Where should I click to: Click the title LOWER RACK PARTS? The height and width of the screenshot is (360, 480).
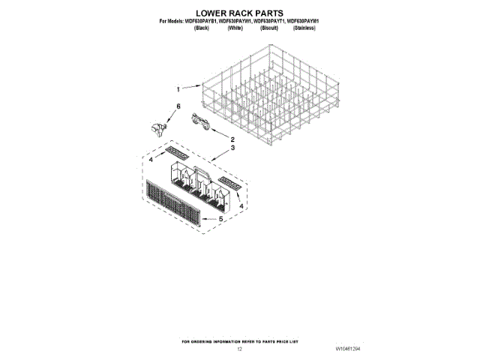tap(239, 13)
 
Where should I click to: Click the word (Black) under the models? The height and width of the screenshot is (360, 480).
tap(201, 28)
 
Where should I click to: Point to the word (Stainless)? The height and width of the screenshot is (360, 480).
tap(304, 28)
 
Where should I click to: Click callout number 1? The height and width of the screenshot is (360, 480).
tap(178, 87)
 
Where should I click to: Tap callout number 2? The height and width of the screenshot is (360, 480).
tap(232, 139)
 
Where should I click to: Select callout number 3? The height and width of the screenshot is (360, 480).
tap(232, 148)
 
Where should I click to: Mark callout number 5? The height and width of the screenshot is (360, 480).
tap(221, 219)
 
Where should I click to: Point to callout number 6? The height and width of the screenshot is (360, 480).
tap(178, 107)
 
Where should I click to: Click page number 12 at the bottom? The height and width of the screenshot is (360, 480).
tap(239, 349)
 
